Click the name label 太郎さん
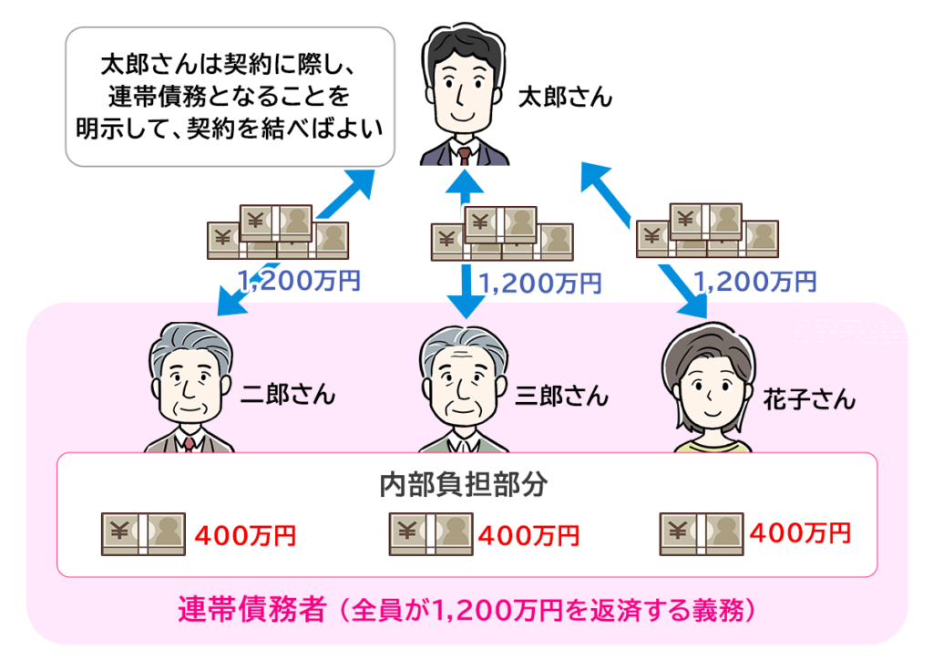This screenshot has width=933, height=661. pos(565,98)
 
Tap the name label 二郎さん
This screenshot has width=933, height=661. pos(288,395)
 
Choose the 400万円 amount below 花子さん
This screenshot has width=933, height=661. pos(798,532)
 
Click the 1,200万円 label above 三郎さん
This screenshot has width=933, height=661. pos(539,284)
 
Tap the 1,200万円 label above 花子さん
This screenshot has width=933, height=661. pos(754,282)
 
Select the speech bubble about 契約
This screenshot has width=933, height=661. pos(231,96)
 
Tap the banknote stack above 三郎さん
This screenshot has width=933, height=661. pos(501,233)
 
